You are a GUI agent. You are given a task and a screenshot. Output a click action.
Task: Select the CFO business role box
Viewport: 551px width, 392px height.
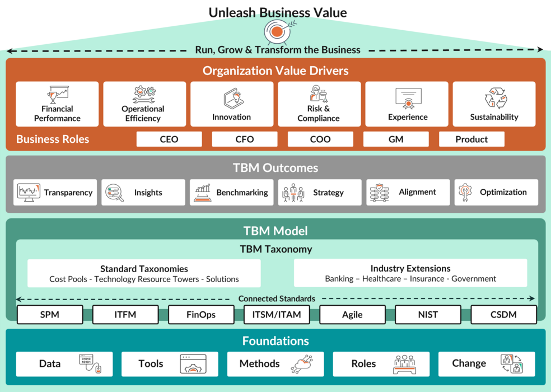tap(245, 139)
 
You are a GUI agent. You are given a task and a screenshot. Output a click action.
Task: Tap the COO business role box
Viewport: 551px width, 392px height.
tap(320, 139)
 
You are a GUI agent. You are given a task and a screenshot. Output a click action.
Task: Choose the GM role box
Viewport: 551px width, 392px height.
tap(396, 139)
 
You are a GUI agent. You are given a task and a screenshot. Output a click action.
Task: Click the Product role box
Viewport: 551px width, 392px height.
tap(471, 139)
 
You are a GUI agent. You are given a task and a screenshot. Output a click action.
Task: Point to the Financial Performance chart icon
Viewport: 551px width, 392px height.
tap(57, 94)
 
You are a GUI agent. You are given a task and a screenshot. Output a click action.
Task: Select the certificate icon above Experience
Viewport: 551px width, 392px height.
tap(408, 98)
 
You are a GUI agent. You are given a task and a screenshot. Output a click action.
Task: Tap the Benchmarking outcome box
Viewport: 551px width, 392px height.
tap(232, 193)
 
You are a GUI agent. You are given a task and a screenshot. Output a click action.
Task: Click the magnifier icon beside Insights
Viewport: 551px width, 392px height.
tap(115, 193)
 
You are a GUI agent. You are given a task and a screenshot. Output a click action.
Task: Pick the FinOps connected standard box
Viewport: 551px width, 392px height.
tap(201, 315)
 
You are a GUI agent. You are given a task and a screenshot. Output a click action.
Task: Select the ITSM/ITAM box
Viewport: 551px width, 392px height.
tap(277, 315)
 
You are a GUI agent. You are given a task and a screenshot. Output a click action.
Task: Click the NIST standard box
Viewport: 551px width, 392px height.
tap(428, 315)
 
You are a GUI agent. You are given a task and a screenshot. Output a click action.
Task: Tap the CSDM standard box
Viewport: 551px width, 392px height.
tap(504, 315)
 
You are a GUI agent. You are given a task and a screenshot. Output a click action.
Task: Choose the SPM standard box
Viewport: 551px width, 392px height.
tap(50, 315)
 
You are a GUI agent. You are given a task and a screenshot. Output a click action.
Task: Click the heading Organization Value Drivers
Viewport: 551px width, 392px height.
tap(275, 71)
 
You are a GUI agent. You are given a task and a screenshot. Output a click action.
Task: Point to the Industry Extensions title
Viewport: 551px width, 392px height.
tap(410, 269)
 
